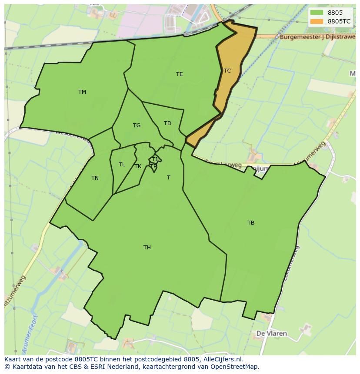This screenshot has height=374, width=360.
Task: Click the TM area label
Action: (82, 92)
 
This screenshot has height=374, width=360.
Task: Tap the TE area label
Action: (179, 74)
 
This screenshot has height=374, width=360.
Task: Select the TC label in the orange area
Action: (227, 70)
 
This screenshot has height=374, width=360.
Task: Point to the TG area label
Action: (137, 126)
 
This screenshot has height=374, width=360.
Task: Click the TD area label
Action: (167, 123)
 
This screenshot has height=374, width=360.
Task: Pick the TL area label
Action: (122, 165)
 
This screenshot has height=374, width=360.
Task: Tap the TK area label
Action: (138, 166)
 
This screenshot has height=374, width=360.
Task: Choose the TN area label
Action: (95, 178)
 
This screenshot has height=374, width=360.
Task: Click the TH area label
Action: (147, 248)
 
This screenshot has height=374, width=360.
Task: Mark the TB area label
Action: (251, 223)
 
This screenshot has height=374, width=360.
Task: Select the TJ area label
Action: (154, 159)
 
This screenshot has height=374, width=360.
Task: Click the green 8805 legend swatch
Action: (317, 13)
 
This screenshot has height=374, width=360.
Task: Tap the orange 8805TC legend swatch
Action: (317, 21)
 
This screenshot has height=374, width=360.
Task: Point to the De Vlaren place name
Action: (272, 334)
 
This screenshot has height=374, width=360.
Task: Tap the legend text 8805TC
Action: (339, 21)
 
